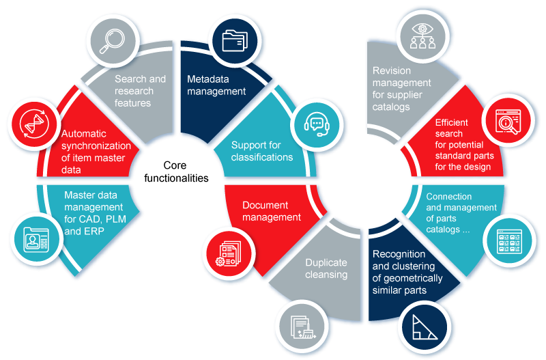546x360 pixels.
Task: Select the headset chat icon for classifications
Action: coord(315,124)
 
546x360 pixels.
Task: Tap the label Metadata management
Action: coord(216,85)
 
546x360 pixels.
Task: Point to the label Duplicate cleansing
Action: coord(326,268)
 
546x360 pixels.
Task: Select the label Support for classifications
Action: coord(262,151)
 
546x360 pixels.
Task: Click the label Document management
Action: coord(272,211)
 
